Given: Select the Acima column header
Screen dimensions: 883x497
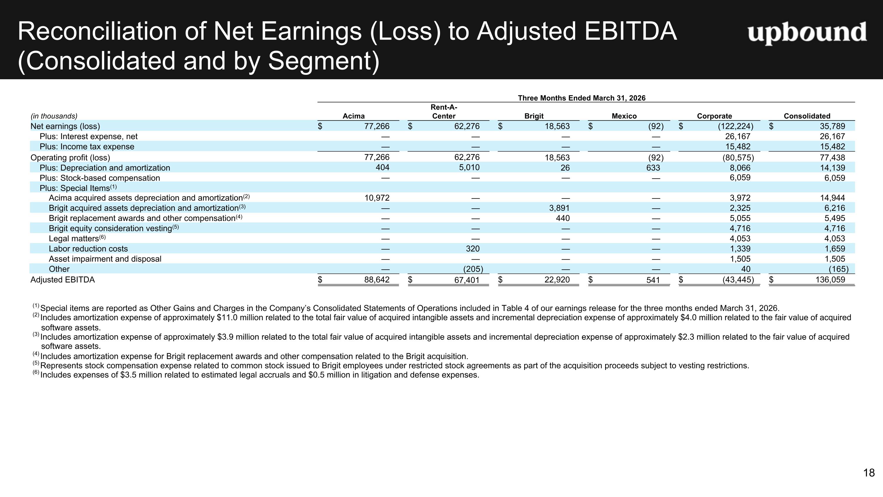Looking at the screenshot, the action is click(354, 116).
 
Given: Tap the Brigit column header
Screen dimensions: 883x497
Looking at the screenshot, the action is click(534, 116).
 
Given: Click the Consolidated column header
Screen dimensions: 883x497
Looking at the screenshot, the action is click(807, 116).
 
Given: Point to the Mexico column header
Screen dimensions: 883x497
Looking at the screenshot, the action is click(624, 116).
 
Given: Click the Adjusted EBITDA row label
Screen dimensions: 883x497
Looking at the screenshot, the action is click(62, 280).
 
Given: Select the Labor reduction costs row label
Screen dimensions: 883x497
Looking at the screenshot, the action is click(88, 249).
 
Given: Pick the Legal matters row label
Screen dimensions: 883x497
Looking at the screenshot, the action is click(77, 238).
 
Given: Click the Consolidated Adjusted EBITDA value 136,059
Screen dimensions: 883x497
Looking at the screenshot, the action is click(830, 280).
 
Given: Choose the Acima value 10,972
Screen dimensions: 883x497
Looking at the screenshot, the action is click(377, 198).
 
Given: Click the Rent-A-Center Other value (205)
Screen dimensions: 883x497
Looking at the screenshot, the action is click(473, 269).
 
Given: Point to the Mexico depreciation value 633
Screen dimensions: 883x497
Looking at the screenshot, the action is click(653, 168).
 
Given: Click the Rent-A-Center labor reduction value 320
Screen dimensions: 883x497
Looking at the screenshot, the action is click(473, 249).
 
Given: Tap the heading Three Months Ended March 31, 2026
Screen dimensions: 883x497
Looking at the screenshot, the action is click(582, 98).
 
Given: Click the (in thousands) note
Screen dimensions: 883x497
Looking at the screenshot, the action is click(54, 116).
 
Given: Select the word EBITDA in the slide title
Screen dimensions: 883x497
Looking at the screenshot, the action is click(630, 31).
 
